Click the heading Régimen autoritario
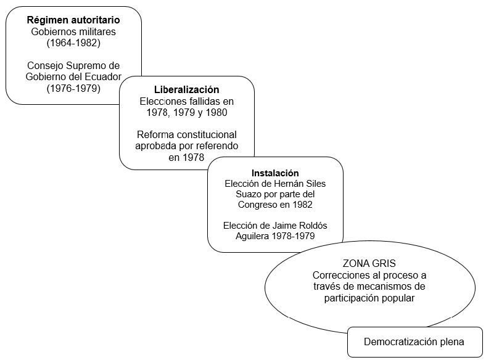[73, 20]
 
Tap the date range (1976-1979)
[73, 88]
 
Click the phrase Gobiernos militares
[73, 31]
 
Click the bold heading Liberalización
[186, 89]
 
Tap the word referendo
[216, 145]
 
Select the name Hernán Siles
[299, 183]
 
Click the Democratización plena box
[414, 342]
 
